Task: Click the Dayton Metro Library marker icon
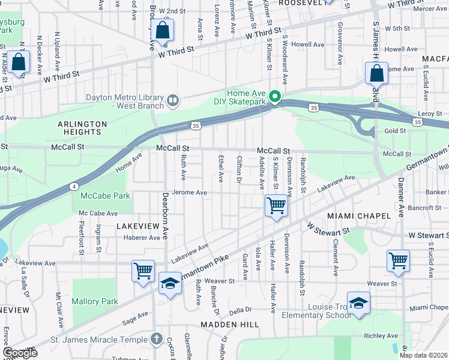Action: click(172, 100)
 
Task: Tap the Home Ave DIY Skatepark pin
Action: click(275, 96)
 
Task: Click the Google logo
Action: click(20, 353)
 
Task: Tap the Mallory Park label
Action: click(95, 301)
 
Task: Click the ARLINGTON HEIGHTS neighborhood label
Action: click(82, 128)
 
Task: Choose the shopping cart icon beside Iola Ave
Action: click(276, 206)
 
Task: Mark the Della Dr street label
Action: click(240, 310)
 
